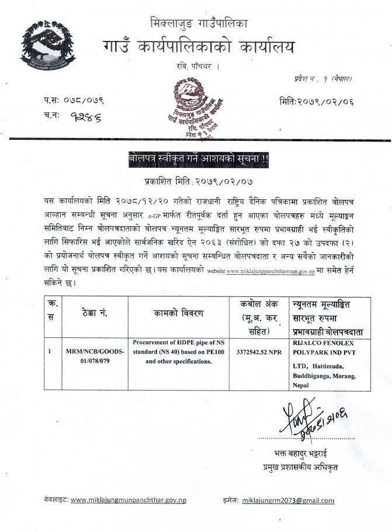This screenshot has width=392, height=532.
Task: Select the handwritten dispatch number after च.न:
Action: pos(82,117)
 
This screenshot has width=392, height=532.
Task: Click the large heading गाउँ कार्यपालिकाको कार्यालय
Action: pos(199,46)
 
